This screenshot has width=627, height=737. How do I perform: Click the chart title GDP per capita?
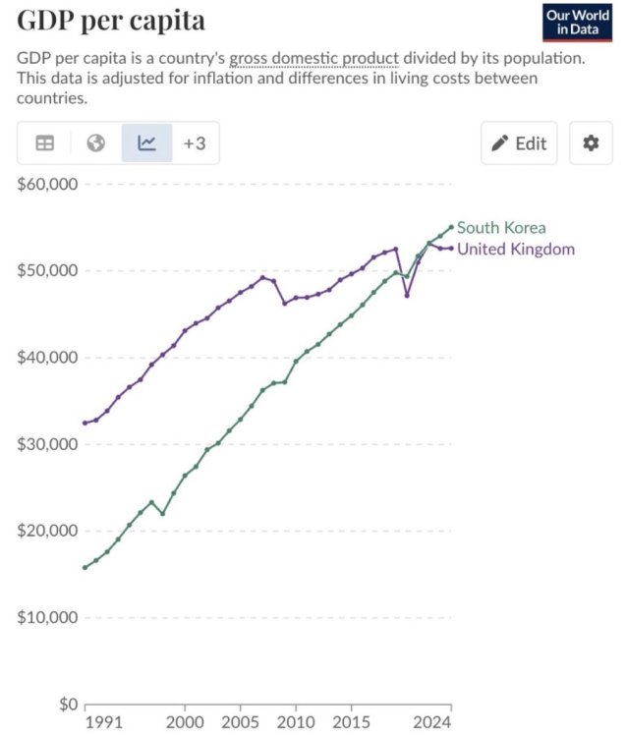[x=111, y=21]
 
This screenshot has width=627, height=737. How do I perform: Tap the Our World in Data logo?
[x=577, y=23]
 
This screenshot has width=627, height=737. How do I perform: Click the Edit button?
[x=519, y=142]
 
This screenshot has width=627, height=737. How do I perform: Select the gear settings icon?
[x=591, y=142]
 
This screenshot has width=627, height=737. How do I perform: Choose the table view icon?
[x=45, y=142]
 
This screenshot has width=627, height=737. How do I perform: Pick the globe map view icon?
[x=96, y=142]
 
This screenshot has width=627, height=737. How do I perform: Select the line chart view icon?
[x=146, y=142]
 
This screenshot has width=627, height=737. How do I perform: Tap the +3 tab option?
[x=195, y=143]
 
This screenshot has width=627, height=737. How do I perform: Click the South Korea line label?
[x=501, y=228]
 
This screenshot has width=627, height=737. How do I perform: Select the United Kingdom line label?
[x=516, y=249]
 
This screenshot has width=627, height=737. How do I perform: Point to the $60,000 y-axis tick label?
[x=47, y=184]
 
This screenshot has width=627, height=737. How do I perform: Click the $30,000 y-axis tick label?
[x=47, y=444]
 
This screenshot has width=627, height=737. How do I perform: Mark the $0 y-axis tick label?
[x=68, y=704]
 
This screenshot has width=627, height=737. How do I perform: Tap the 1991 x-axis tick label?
[x=104, y=722]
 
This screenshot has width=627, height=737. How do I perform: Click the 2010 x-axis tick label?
[x=296, y=722]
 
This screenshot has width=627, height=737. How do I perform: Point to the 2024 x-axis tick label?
[x=432, y=722]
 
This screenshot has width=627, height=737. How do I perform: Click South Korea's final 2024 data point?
[x=452, y=227]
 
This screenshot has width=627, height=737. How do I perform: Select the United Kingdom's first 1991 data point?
[x=85, y=423]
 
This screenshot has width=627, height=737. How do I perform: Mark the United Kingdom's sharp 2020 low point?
[x=407, y=296]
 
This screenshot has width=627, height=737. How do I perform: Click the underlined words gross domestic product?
[x=313, y=58]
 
